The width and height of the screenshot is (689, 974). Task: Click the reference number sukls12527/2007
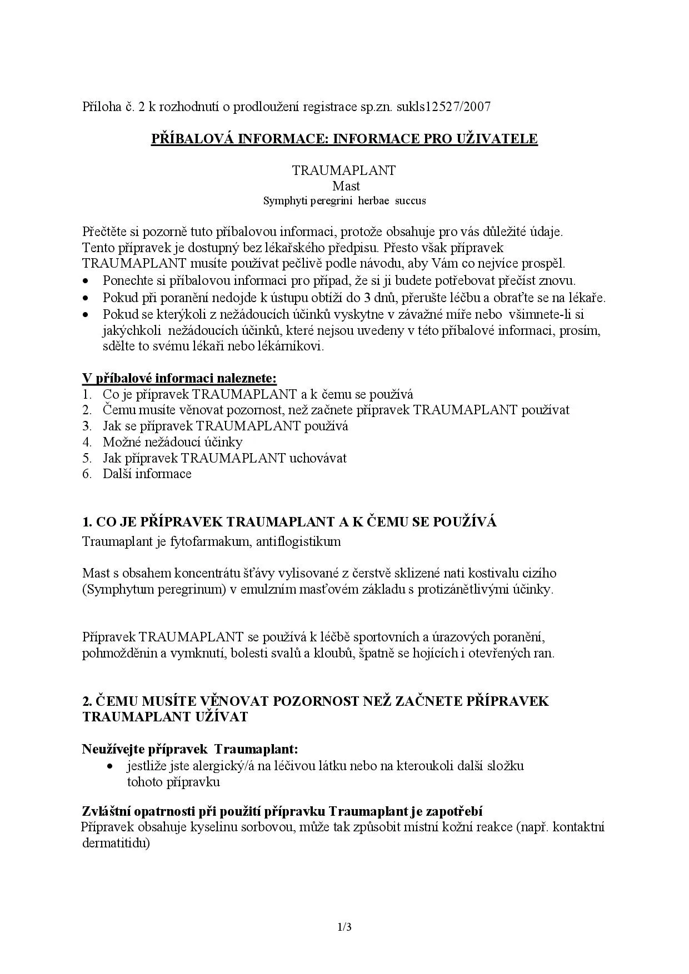coord(443,107)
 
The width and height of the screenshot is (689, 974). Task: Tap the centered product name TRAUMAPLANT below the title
coord(344,170)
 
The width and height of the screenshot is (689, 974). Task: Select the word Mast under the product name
coord(346,185)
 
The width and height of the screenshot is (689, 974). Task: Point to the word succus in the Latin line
coord(410,201)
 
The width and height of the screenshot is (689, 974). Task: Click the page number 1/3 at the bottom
coord(344,927)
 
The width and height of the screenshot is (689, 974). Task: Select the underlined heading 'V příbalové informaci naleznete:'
coord(179,378)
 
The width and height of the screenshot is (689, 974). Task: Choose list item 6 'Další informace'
coord(147,474)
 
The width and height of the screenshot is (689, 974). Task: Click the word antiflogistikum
coord(298,541)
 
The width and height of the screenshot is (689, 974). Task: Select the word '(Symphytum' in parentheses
coord(110,589)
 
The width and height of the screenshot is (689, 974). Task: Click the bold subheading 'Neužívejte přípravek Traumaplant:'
coord(190,749)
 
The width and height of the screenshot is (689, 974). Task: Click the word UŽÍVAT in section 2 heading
coord(220,716)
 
